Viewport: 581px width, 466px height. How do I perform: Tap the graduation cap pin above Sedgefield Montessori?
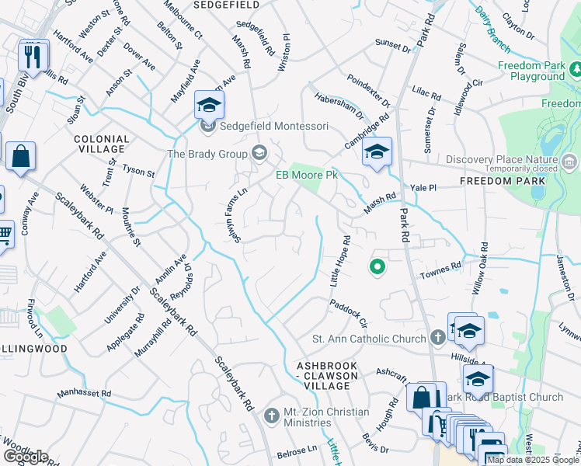tap(209, 105)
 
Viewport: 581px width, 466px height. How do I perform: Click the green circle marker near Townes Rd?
tap(377, 267)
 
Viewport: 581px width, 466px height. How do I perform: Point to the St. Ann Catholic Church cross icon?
tap(437, 338)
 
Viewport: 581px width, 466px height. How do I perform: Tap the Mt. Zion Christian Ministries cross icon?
tap(271, 416)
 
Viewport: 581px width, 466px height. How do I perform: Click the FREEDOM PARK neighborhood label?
tap(501, 180)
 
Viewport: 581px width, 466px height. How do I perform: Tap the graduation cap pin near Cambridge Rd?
tap(377, 152)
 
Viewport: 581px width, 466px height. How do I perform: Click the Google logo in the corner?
tap(26, 457)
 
